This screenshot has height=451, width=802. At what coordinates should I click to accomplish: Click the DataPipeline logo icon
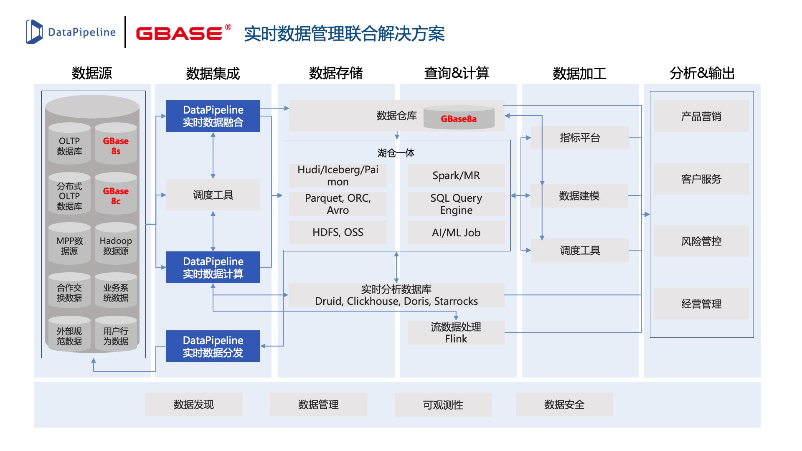click(x=34, y=32)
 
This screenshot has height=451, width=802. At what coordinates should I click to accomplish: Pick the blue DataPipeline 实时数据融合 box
click(x=213, y=116)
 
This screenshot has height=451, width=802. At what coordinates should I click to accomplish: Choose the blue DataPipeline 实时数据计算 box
click(x=213, y=267)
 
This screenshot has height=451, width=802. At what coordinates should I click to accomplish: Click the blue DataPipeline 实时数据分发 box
click(x=213, y=346)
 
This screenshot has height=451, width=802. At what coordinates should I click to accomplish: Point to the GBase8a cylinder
click(x=459, y=118)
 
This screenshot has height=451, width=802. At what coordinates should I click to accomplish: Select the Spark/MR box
click(x=456, y=175)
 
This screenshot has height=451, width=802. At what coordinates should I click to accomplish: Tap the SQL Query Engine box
click(x=456, y=204)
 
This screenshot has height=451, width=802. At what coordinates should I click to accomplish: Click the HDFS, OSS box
click(x=338, y=232)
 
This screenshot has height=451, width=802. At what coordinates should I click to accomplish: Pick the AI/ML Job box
click(x=456, y=233)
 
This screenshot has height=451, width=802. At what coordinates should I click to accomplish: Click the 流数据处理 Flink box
click(x=456, y=332)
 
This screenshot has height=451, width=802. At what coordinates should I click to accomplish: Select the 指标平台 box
click(x=580, y=138)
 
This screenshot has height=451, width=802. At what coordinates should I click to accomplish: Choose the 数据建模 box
click(x=579, y=195)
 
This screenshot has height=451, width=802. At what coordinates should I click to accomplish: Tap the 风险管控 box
click(x=701, y=241)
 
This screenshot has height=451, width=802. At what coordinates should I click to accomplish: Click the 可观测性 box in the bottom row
click(x=443, y=405)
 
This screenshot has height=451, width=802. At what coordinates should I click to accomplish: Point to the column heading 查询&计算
click(x=457, y=73)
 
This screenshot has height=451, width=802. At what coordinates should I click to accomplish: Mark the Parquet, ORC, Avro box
click(x=338, y=204)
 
